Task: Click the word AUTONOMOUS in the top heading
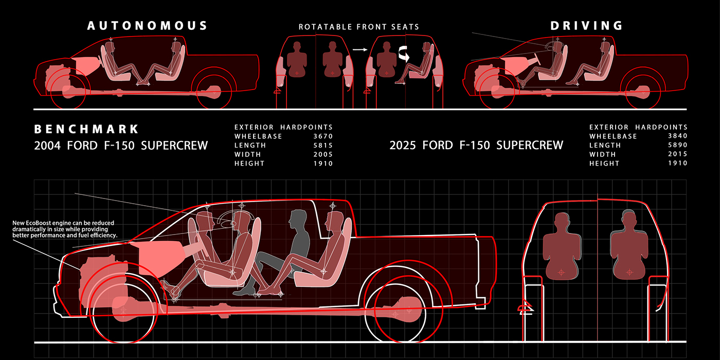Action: click(x=148, y=26)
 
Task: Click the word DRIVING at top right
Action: click(x=587, y=26)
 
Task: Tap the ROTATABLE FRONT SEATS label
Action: click(x=359, y=27)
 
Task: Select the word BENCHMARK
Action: click(x=86, y=129)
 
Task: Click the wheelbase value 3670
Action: click(x=322, y=136)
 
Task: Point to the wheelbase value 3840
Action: click(x=677, y=136)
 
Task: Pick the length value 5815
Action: click(x=322, y=146)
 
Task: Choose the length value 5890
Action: click(x=677, y=146)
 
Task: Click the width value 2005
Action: click(x=322, y=154)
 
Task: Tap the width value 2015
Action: click(x=677, y=154)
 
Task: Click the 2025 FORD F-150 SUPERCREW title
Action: click(x=476, y=146)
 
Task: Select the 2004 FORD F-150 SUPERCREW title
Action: click(x=121, y=146)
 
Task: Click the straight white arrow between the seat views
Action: click(x=359, y=50)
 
